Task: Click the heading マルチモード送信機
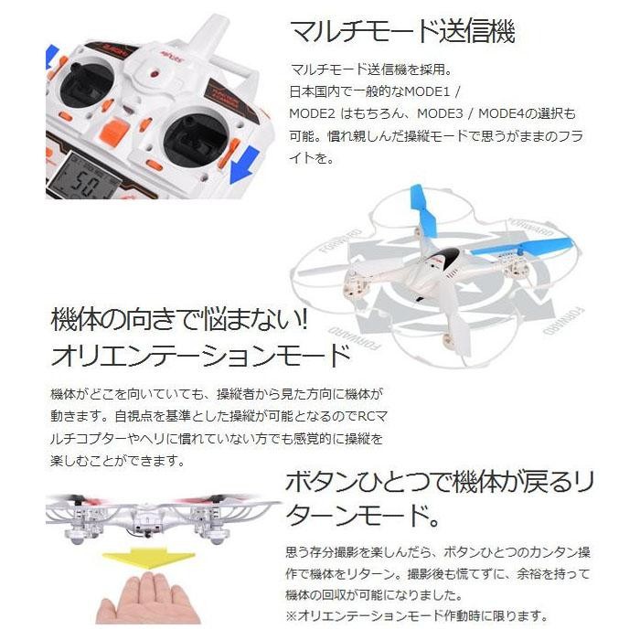[x=402, y=31]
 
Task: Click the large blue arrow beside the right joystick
[x=244, y=165]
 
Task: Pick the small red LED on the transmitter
[x=155, y=75]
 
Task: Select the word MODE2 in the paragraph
[x=312, y=113]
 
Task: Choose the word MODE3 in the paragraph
[x=440, y=113]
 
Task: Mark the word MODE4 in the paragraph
[x=501, y=113]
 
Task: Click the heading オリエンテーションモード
[x=201, y=355]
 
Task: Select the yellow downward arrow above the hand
[x=148, y=559]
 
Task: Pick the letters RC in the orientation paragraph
[x=367, y=416]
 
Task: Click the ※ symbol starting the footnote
[x=292, y=616]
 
